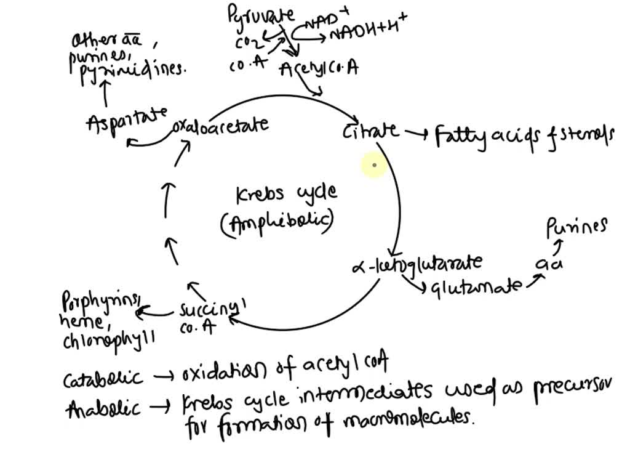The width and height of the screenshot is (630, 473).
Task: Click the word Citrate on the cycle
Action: pyautogui.click(x=370, y=131)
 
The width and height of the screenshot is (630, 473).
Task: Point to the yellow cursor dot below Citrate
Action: pyautogui.click(x=374, y=165)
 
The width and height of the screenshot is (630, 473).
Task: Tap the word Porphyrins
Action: pyautogui.click(x=101, y=301)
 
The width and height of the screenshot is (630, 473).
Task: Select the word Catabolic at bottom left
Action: pyautogui.click(x=103, y=378)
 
